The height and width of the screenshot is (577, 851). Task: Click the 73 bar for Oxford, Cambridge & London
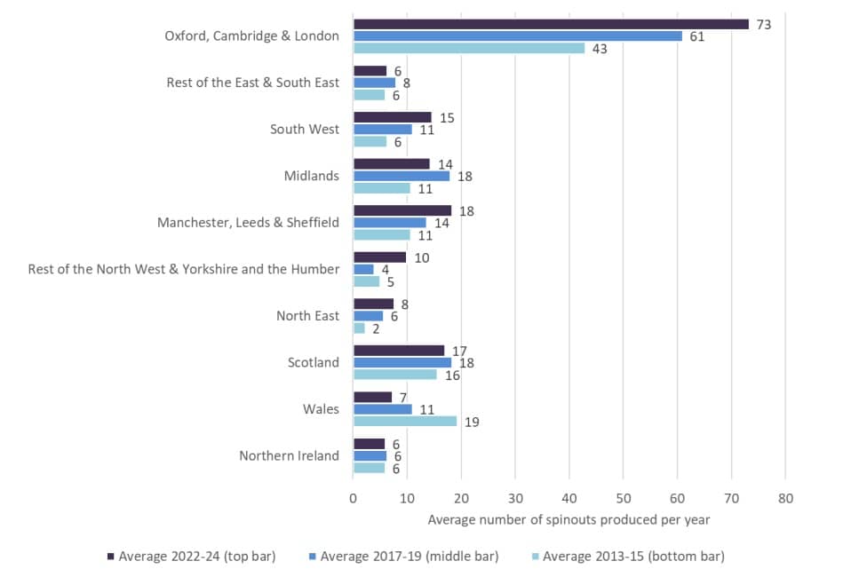coord(551,24)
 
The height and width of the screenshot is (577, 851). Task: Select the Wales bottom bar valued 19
coord(405,422)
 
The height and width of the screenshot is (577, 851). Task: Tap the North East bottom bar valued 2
coord(359,328)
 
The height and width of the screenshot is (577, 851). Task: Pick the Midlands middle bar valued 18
coord(402,176)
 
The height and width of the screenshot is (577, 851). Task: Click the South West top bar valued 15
coord(392,117)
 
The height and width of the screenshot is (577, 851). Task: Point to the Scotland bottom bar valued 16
coord(395,375)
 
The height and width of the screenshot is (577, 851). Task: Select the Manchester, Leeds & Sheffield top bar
coord(402,210)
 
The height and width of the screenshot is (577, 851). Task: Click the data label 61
coord(697,36)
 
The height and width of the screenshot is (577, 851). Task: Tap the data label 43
coord(600,49)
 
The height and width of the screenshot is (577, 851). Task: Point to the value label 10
coord(422,257)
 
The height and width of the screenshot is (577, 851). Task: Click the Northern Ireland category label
coord(289,455)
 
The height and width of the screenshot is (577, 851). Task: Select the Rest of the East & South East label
coord(252,83)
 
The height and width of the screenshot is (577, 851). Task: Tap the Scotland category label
coord(314,362)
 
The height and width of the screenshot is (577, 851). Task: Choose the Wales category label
coord(321,409)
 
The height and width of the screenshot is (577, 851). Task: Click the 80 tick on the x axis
coord(785,499)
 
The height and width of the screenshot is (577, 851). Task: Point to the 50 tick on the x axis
coord(624,499)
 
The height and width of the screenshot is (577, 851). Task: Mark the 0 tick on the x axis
coord(354,499)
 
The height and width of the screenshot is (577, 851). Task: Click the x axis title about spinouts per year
coord(569,519)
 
